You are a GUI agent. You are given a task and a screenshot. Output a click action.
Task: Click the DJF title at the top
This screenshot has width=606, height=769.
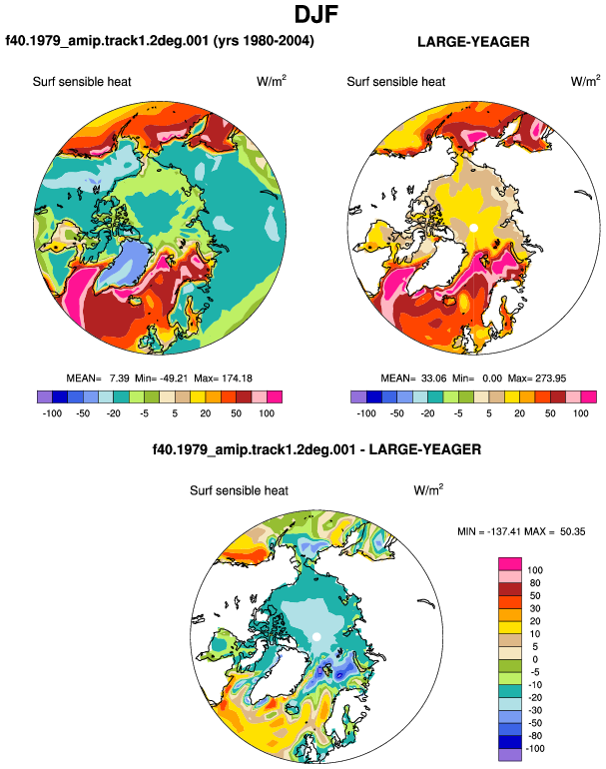click(x=316, y=15)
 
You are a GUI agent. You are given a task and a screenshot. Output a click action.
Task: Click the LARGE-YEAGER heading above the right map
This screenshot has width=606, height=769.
click(x=473, y=42)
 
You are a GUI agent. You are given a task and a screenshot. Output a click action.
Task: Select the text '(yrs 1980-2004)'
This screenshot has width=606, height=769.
click(x=264, y=40)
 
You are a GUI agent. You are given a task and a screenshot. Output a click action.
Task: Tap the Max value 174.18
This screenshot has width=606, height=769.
click(x=238, y=379)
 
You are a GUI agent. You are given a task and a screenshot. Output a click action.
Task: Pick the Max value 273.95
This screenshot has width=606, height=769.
click(x=551, y=379)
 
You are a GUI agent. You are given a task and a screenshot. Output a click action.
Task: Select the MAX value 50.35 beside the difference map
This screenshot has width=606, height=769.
click(x=573, y=531)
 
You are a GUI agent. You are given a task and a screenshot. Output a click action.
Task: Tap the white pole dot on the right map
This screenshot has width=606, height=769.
click(x=473, y=228)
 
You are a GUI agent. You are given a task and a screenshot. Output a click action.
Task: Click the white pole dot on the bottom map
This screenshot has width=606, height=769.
click(x=316, y=636)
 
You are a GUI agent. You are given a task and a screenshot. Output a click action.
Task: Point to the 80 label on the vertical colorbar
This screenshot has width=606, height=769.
click(x=535, y=583)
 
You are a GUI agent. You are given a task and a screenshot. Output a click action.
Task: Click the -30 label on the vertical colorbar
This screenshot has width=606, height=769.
click(x=534, y=711)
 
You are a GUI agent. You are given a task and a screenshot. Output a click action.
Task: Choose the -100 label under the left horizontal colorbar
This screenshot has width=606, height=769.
click(x=52, y=413)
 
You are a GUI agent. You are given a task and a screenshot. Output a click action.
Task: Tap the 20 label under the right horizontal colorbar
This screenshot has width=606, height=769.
click(x=520, y=413)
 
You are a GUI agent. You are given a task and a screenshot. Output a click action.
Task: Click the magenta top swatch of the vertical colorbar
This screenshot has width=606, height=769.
click(x=510, y=564)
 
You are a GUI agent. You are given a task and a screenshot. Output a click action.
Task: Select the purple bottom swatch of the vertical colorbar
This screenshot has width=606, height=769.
click(x=510, y=755)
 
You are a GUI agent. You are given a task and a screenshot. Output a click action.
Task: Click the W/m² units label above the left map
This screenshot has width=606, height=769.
click(x=272, y=81)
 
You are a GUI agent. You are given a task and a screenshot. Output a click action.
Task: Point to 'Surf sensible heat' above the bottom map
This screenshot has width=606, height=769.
click(x=240, y=490)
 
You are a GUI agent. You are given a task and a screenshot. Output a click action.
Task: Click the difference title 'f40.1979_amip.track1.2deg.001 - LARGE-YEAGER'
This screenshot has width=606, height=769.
click(x=316, y=449)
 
